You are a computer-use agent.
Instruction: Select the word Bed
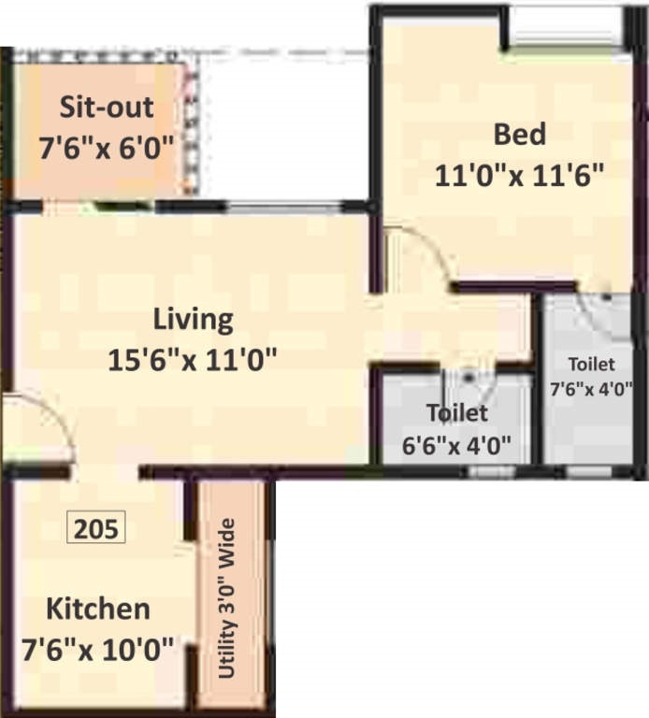(519, 135)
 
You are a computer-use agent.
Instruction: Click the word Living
(194, 319)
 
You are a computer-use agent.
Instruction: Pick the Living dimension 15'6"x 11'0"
(194, 359)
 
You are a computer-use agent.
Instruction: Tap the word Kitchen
(98, 610)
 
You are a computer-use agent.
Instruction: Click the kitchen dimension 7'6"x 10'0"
(98, 649)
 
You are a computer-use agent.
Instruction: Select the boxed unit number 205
(97, 529)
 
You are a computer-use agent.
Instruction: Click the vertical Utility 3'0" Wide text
(227, 598)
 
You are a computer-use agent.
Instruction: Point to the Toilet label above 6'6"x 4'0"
(456, 412)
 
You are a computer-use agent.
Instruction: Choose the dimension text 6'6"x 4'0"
(456, 444)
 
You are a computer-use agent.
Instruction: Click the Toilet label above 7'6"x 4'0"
(592, 365)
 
